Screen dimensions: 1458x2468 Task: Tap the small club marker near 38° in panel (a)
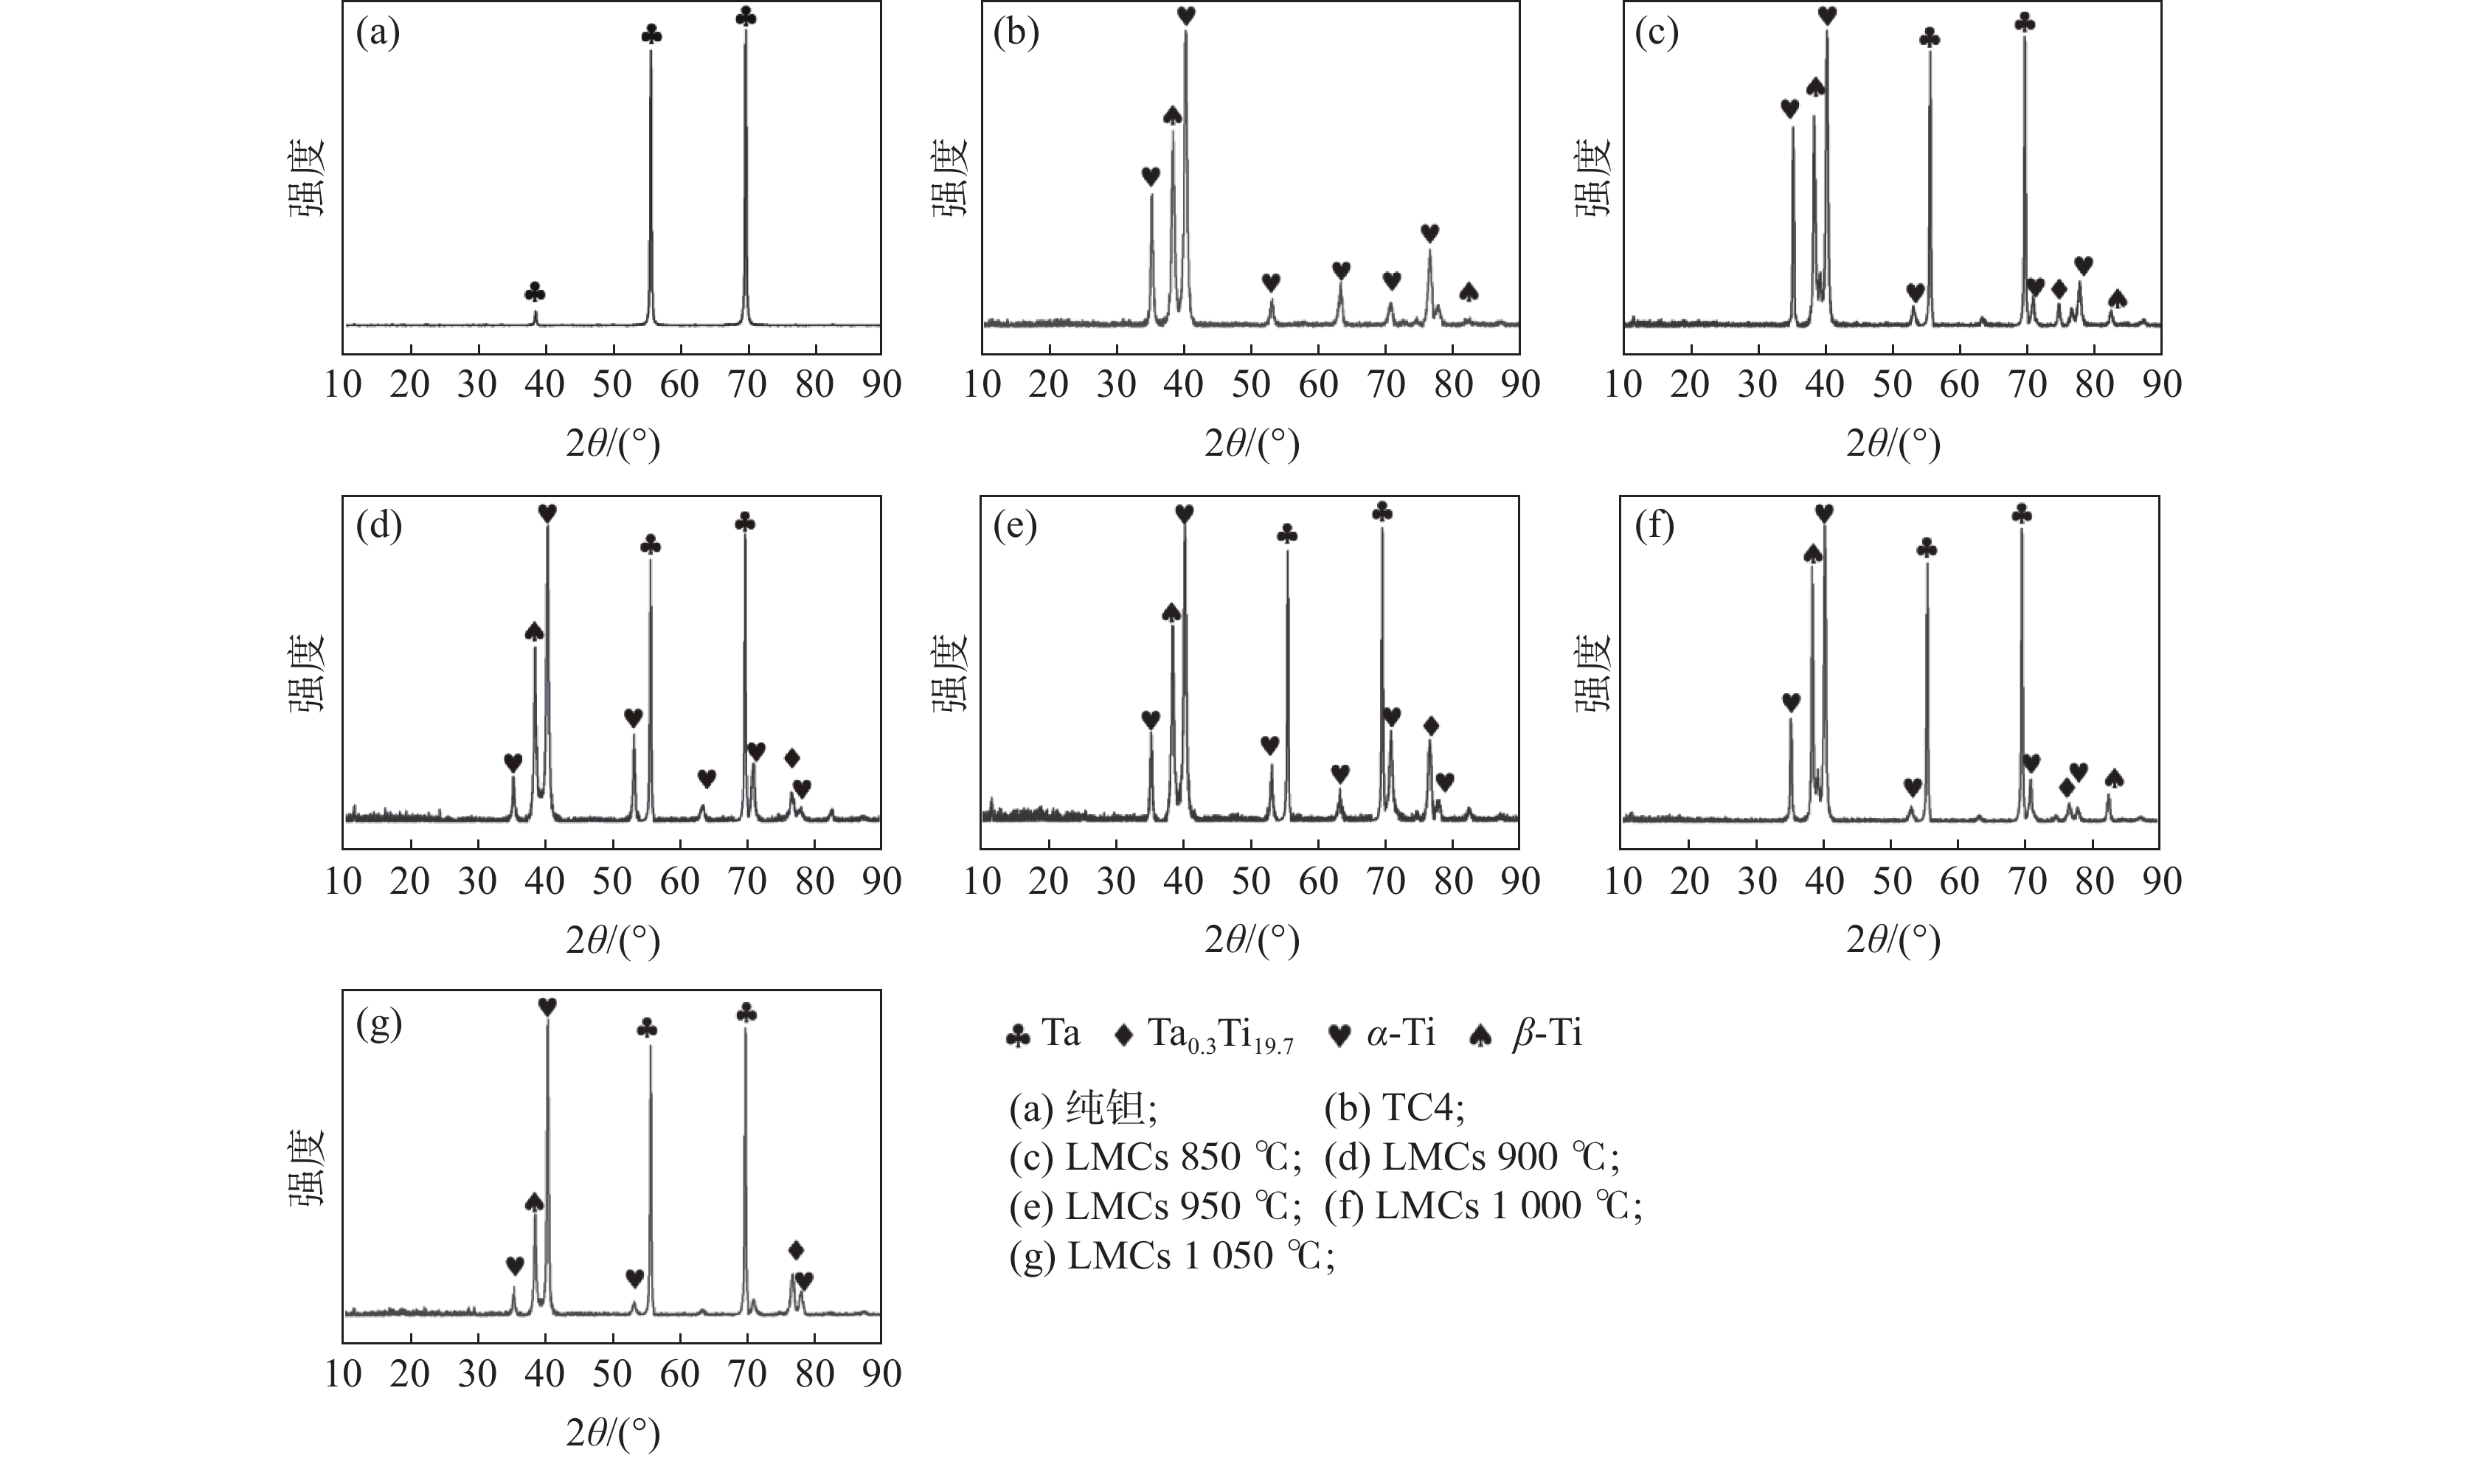coord(535,293)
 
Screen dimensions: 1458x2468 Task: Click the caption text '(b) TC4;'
coord(1394,1109)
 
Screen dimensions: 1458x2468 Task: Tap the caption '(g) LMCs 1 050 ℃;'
coord(1171,1256)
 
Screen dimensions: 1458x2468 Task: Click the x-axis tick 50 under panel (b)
coord(1251,384)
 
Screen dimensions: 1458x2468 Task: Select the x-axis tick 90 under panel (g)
coord(881,1373)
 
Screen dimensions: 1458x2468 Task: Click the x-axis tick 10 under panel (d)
coord(343,881)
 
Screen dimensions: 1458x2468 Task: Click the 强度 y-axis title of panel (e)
coord(949,672)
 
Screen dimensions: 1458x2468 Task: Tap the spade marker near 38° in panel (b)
coord(1172,116)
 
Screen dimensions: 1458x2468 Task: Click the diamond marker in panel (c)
coord(2059,289)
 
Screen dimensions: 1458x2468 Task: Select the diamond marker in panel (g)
coord(796,1251)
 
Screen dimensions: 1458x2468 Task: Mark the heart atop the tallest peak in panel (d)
coord(547,513)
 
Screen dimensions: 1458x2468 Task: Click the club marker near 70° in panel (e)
coord(1382,512)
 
